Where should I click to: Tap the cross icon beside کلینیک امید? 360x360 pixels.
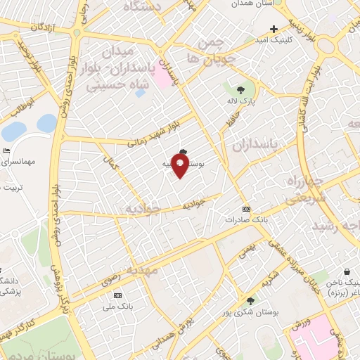click(x=274, y=30)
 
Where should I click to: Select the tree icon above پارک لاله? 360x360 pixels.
click(x=241, y=89)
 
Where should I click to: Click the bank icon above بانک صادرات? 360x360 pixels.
click(x=245, y=209)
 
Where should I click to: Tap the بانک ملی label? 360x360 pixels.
click(x=117, y=307)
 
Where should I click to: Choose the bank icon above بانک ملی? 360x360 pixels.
click(x=117, y=295)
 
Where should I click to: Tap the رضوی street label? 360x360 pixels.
click(x=112, y=280)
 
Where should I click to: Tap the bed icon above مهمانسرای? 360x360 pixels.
click(x=7, y=150)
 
